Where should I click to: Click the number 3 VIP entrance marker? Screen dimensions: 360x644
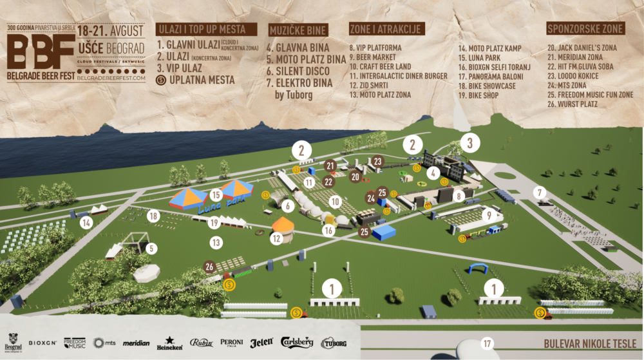pos(470,142)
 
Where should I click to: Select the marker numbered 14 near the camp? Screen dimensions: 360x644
pos(84,223)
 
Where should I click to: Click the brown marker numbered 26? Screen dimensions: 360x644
pos(209,266)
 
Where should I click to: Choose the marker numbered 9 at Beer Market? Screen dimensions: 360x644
pos(489,215)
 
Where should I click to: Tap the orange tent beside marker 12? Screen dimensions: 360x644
pos(283,225)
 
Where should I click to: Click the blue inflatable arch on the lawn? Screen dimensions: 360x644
pos(478,269)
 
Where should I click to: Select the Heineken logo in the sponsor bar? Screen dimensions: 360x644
pos(169,343)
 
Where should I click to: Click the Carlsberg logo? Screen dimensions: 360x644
pos(298,343)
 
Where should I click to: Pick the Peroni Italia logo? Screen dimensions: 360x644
pos(232,343)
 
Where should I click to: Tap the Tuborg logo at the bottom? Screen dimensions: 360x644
pos(333,343)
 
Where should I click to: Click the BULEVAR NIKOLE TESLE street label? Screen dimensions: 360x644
pos(590,343)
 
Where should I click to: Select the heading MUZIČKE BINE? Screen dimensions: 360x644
pos(298,30)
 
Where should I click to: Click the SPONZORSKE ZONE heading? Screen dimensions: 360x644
pos(585,29)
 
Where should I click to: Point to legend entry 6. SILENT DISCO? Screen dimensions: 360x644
pos(298,71)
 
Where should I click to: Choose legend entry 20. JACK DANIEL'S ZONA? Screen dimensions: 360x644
pos(582,48)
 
